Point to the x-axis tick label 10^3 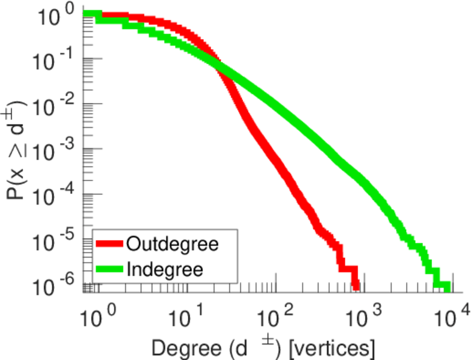(x=363, y=314)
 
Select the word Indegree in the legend (x=165, y=269)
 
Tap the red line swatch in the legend (x=110, y=244)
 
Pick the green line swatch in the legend (x=110, y=269)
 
